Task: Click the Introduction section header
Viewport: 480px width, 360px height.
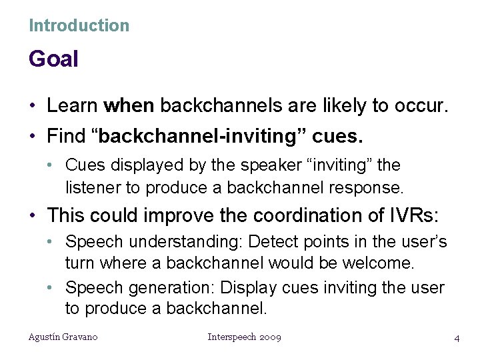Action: [79, 26]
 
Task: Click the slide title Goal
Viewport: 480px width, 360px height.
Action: [53, 59]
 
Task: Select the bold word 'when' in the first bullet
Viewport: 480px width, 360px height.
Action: [129, 105]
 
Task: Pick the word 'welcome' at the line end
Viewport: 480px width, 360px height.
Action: [379, 263]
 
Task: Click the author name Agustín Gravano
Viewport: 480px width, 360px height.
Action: [63, 337]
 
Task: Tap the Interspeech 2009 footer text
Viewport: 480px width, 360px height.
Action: [245, 337]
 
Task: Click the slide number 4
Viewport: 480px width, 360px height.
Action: [457, 338]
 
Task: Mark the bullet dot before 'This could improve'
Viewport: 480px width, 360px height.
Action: [33, 216]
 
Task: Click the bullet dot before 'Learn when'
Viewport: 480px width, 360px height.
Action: [33, 106]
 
